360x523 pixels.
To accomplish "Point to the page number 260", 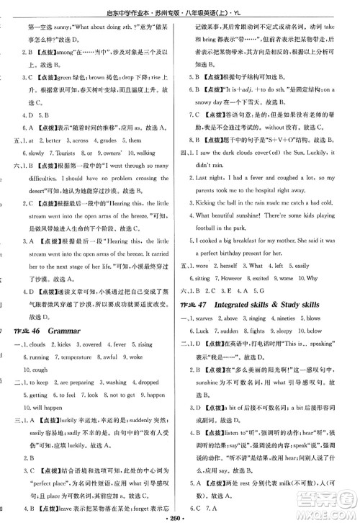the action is pyautogui.click(x=180, y=516).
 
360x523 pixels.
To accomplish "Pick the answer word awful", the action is pyautogui.click(x=109, y=336).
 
